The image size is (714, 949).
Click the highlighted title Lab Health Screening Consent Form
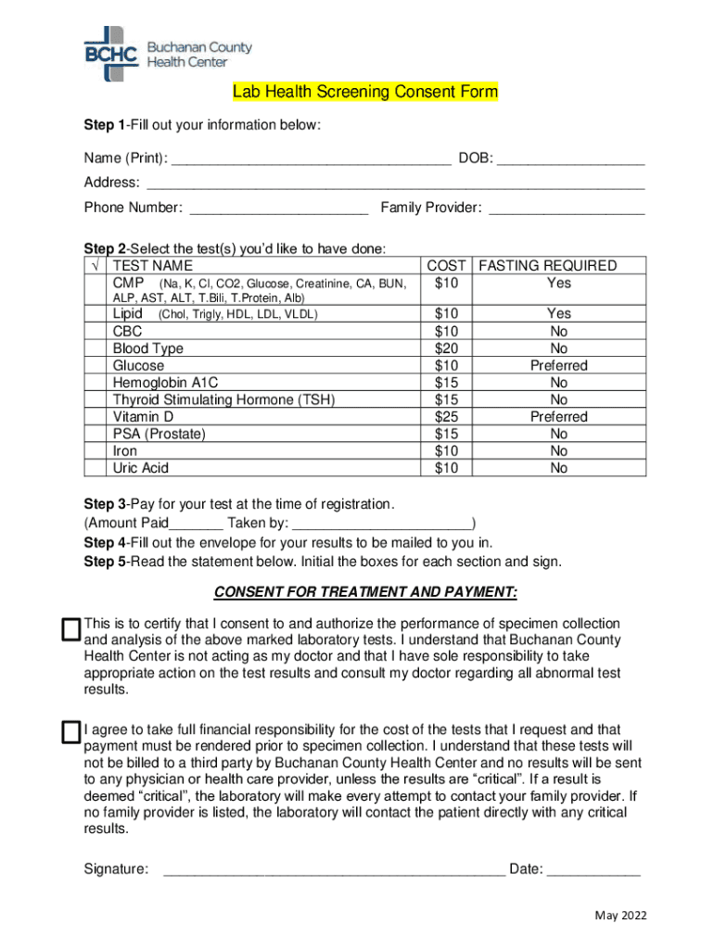coord(365,92)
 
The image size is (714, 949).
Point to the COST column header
coord(446,266)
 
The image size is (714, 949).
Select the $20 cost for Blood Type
coord(446,348)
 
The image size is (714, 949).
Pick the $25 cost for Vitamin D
coord(446,417)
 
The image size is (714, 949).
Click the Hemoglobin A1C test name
coord(166,383)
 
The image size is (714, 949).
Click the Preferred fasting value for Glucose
coord(559,366)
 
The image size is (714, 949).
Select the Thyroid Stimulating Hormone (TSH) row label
coord(223,399)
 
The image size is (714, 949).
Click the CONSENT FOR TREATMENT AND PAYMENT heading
coord(365,592)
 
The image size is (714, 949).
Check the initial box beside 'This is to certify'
coord(70,630)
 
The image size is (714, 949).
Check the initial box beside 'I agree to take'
coord(70,732)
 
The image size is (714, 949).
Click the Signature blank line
coord(334,868)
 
